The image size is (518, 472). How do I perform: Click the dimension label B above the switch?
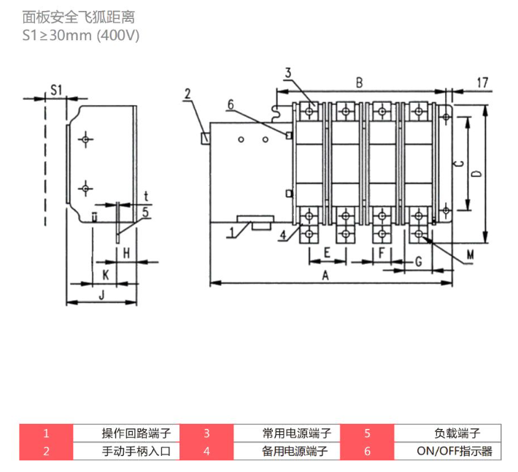pos(359,82)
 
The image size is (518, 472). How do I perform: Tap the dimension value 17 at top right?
pos(483,82)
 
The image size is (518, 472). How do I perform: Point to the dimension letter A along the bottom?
pos(325,275)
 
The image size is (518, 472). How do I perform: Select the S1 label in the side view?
pos(56,90)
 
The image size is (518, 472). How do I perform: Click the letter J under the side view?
pos(101,294)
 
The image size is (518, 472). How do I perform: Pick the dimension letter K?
pos(106,274)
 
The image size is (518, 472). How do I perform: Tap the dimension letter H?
pos(126,253)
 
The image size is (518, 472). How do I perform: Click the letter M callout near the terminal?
pos(470,255)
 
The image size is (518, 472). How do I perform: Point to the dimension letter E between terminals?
pos(327,252)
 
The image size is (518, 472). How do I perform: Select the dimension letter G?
pos(419,262)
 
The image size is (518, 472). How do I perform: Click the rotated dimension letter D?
pos(476,174)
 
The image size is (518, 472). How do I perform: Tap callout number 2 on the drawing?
pos(188,94)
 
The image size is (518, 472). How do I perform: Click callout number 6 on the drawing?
pos(231,105)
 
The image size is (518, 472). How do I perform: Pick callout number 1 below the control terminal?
pos(231,233)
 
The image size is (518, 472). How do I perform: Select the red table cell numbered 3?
pos(206,433)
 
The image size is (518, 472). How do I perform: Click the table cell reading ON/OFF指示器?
pos(448,451)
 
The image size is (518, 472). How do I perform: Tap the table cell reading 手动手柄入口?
pos(126,451)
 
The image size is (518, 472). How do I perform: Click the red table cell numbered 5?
pos(368,433)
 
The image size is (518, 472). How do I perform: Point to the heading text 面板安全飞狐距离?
pos(79,18)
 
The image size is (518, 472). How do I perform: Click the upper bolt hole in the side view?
pos(85,139)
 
